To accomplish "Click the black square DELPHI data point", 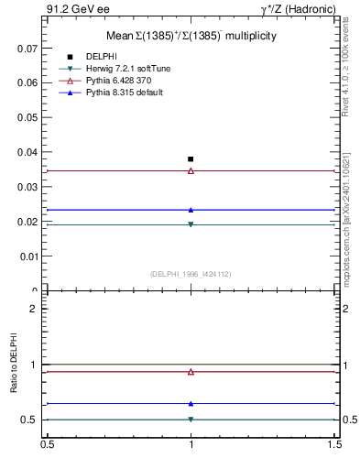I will point(191,159).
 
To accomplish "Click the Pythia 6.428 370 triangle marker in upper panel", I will point(191,170).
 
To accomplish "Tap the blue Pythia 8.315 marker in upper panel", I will point(191,210).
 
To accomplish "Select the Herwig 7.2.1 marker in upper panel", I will point(191,224).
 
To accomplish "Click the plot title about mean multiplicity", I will point(191,36).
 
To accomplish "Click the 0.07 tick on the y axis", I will point(27,48).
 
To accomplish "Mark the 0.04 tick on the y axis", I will point(27,152).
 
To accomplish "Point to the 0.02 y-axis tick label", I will point(27,222).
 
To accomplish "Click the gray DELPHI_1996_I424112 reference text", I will point(191,273).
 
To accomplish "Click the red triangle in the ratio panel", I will point(191,372).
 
